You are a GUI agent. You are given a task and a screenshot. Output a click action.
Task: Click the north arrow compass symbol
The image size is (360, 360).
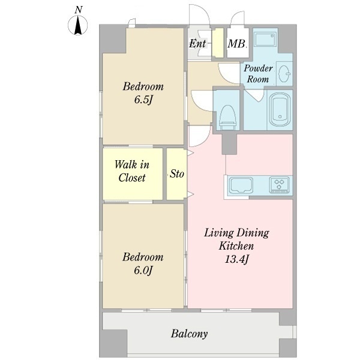[78, 25]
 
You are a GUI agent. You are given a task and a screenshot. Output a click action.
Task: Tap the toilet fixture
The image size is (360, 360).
[228, 118]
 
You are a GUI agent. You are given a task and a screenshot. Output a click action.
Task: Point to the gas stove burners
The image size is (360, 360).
[279, 184]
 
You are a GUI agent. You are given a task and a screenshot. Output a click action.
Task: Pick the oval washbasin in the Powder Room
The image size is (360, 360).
[284, 73]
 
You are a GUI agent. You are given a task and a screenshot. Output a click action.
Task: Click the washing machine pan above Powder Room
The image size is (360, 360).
[265, 40]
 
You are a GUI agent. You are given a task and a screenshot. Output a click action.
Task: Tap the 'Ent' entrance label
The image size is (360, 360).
[197, 43]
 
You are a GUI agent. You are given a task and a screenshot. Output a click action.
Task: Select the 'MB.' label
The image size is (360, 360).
[238, 43]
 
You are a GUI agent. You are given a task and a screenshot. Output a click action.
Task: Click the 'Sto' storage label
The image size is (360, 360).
[177, 174]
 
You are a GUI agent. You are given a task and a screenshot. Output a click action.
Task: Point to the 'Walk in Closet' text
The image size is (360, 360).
[132, 171]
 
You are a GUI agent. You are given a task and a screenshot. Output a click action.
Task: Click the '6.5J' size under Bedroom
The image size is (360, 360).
[143, 100]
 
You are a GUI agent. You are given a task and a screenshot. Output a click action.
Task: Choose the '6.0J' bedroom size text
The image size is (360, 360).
[143, 270]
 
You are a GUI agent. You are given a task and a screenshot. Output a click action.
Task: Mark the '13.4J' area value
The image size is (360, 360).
[236, 259]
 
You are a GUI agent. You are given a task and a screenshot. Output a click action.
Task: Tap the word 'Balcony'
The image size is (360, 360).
[189, 334]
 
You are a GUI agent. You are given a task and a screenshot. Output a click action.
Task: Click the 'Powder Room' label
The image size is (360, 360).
[258, 74]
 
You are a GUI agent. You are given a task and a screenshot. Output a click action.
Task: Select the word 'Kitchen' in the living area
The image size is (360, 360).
[236, 246]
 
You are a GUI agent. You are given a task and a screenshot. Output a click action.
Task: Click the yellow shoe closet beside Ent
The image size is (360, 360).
[218, 43]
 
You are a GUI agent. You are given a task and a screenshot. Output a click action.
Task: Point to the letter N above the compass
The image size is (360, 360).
[79, 10]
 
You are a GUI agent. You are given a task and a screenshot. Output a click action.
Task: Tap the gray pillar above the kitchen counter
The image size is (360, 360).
[229, 144]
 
